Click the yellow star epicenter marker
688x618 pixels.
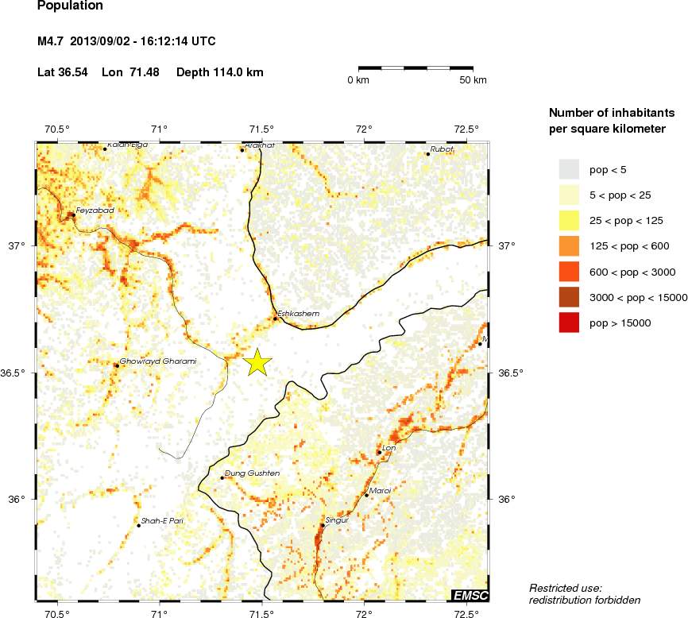pos(257,361)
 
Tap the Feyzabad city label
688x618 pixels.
pos(95,211)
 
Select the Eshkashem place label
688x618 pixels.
pos(298,314)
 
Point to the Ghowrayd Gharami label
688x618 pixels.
pos(157,361)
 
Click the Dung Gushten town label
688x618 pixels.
pos(253,473)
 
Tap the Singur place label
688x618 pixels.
pos(338,520)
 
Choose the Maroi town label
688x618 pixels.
pos(381,491)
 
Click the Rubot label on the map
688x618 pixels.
pos(442,149)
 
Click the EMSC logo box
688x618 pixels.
pos(470,595)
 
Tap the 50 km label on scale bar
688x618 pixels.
pos(473,81)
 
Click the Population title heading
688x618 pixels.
pos(70,6)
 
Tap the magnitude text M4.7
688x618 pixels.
pos(50,41)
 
